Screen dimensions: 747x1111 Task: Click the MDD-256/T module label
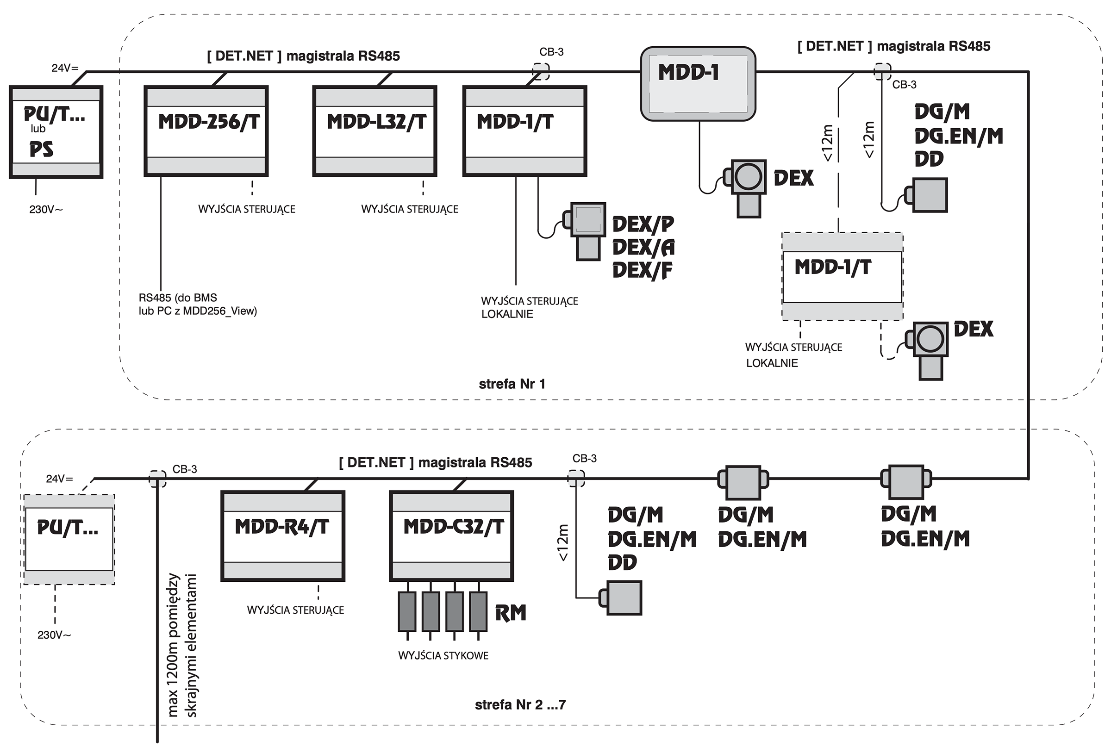[209, 122]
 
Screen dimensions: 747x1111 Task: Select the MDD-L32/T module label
[376, 122]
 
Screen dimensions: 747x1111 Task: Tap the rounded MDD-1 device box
[698, 84]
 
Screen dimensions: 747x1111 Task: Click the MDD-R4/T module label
[281, 527]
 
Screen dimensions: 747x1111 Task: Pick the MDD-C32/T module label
[453, 527]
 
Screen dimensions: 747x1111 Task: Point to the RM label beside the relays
[511, 613]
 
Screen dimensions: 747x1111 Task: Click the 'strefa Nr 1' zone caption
[512, 384]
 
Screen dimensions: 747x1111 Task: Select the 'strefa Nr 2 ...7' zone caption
[520, 704]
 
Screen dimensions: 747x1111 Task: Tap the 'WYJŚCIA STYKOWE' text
[443, 656]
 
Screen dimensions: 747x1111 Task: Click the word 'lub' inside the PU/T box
[38, 129]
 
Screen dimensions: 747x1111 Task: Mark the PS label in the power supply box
[41, 150]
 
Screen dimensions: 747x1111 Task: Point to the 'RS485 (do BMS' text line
[178, 298]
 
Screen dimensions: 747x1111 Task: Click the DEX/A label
[643, 247]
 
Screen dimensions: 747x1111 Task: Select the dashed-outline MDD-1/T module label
[832, 267]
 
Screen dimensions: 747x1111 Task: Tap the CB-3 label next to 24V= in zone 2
[184, 469]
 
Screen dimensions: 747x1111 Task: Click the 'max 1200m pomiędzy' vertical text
[173, 646]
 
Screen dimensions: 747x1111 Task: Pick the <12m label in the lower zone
[562, 542]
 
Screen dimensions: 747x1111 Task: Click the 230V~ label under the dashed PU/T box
[54, 635]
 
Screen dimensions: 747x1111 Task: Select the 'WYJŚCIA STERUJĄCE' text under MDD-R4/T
[295, 610]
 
